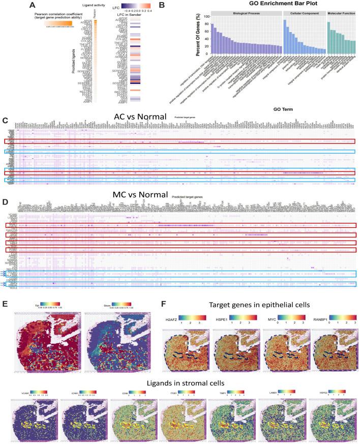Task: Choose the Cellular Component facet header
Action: click(x=303, y=13)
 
